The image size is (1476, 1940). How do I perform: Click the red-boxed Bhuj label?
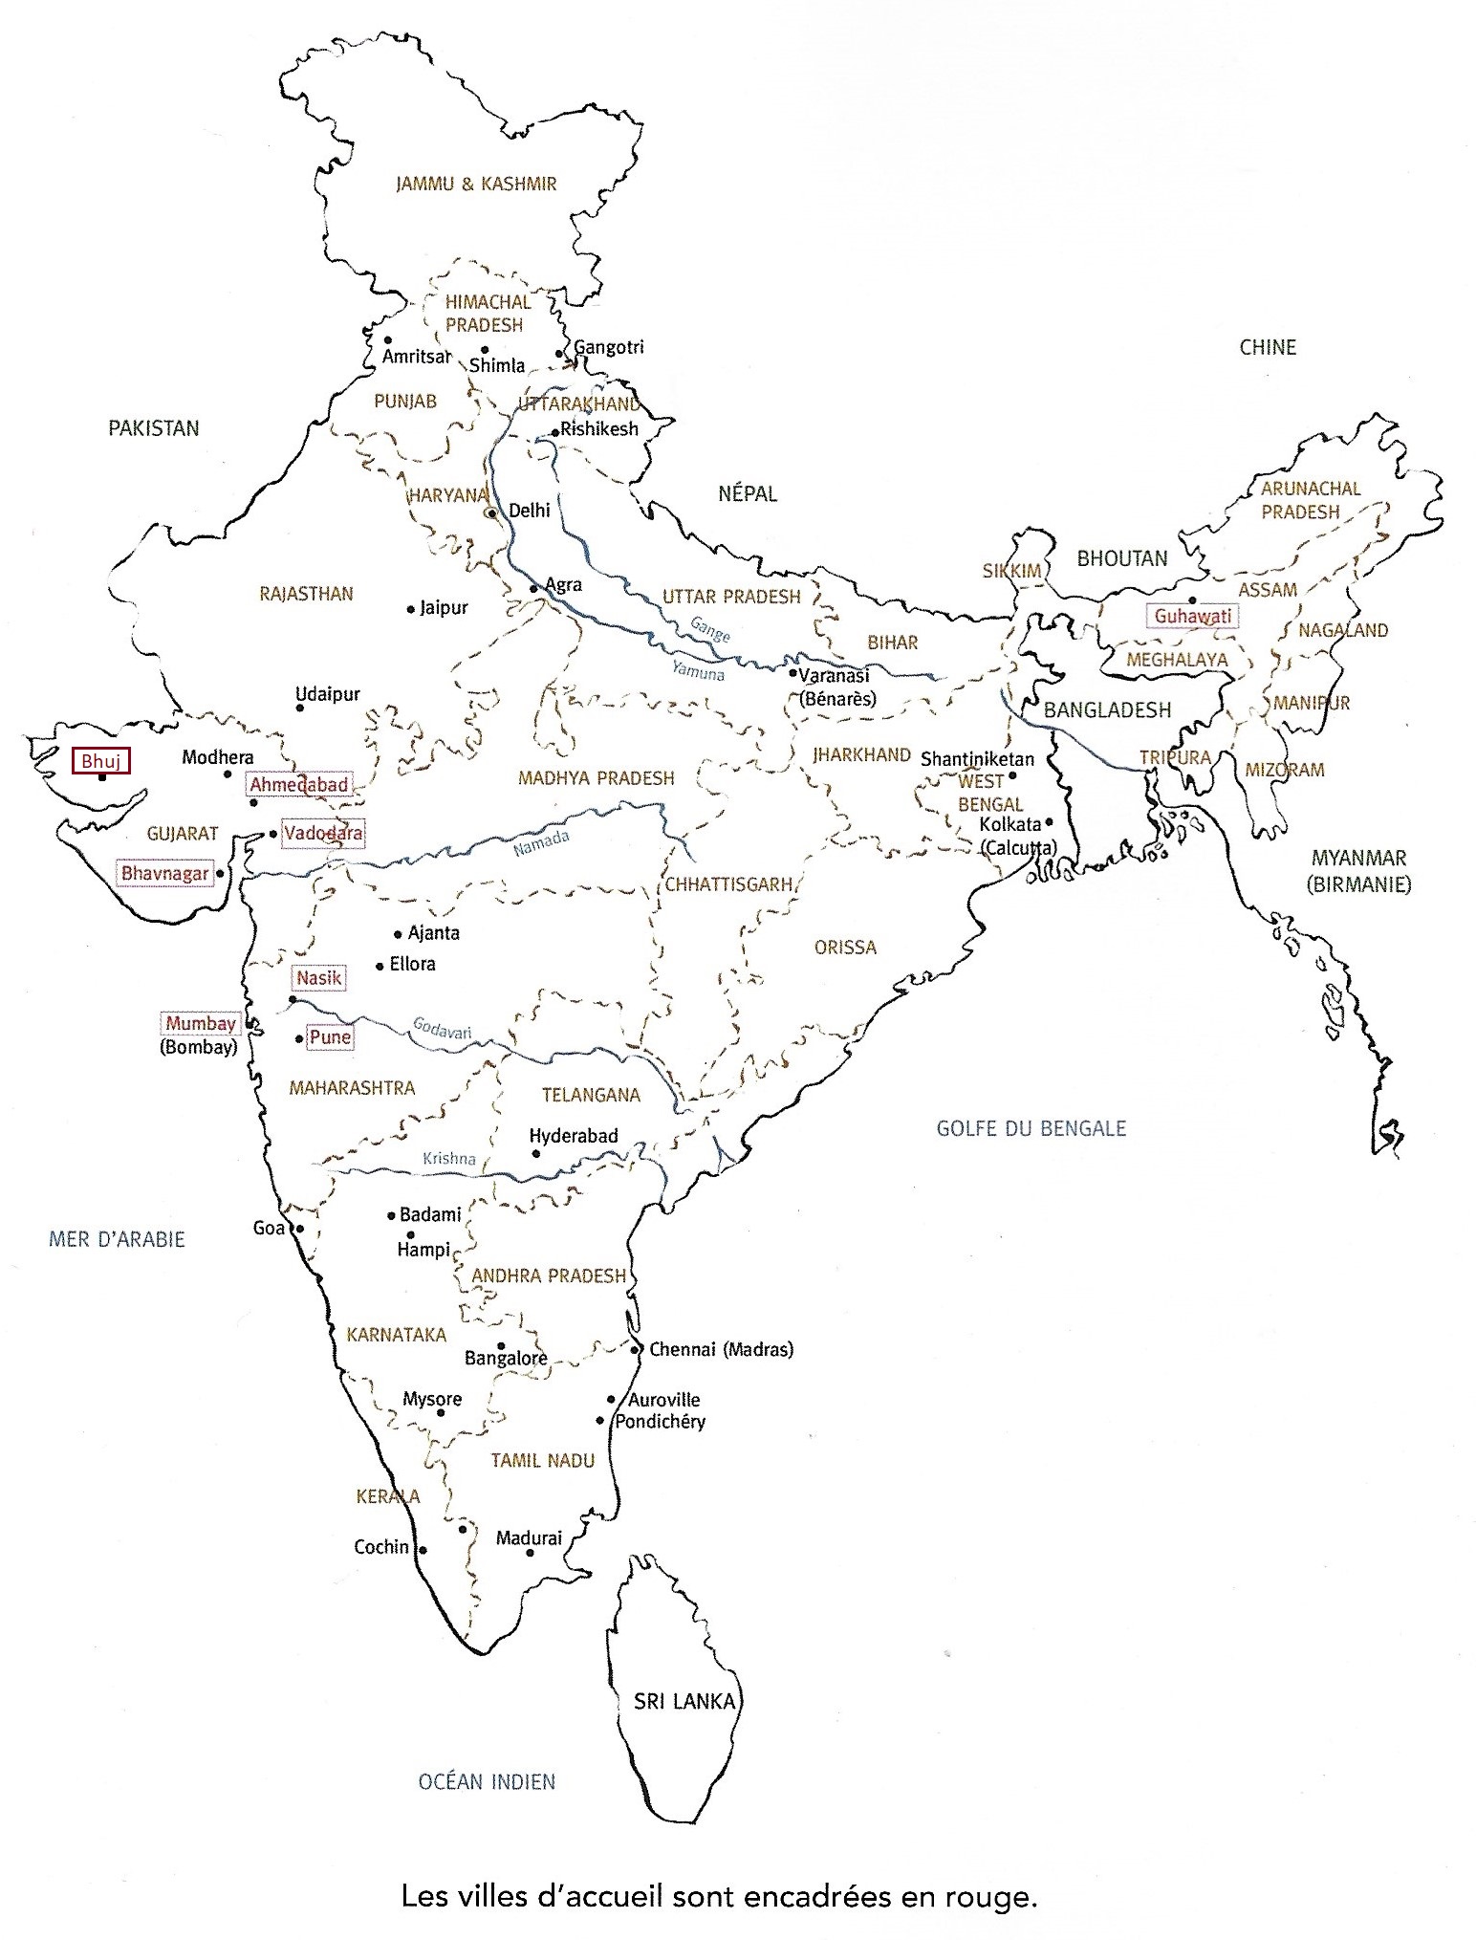click(x=100, y=761)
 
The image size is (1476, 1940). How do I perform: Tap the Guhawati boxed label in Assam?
click(x=1192, y=617)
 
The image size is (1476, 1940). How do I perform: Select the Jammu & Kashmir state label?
click(x=476, y=184)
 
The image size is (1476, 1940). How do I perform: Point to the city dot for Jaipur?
click(x=411, y=609)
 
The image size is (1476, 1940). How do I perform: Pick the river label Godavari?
click(x=442, y=1028)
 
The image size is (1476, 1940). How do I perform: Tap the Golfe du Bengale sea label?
click(x=1031, y=1128)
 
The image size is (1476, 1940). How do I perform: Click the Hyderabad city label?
click(x=574, y=1136)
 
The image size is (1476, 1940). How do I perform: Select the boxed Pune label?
click(x=330, y=1037)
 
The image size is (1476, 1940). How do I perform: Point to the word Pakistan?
click(x=153, y=428)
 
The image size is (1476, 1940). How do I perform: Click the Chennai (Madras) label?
click(x=721, y=1350)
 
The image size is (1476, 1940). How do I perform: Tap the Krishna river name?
click(x=449, y=1159)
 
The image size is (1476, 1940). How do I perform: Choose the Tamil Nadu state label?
click(x=542, y=1460)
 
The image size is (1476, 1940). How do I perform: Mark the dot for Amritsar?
click(x=387, y=340)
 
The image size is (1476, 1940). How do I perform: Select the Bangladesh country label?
click(x=1107, y=710)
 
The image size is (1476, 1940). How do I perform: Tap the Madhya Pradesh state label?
click(x=596, y=778)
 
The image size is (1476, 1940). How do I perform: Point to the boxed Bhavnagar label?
click(x=164, y=874)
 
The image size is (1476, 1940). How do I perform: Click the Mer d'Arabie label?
click(x=117, y=1239)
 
